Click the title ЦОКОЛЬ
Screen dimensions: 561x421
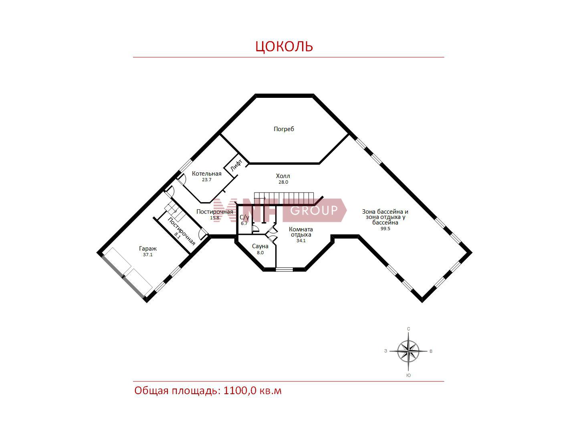[284, 47]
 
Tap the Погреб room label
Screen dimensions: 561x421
[284, 129]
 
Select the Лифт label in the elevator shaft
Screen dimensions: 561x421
[236, 165]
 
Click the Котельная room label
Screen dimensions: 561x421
[206, 174]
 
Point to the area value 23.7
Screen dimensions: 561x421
[206, 180]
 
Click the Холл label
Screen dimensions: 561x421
[283, 176]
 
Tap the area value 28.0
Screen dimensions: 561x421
[283, 182]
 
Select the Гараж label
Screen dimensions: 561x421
[148, 249]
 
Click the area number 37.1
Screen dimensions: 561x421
[148, 255]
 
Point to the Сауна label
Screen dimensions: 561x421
[260, 246]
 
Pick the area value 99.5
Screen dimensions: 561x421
[385, 229]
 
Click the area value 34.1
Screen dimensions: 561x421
[301, 241]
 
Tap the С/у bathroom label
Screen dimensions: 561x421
[244, 217]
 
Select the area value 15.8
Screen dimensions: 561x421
[214, 218]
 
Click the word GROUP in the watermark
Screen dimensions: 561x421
[314, 210]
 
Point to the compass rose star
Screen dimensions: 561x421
[408, 351]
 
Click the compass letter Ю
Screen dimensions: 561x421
[408, 375]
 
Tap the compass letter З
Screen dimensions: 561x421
[385, 351]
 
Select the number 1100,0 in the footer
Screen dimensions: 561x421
[240, 391]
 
